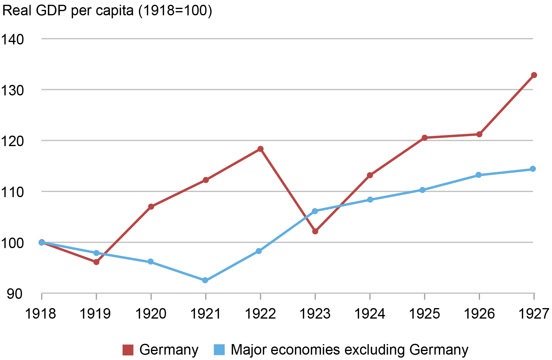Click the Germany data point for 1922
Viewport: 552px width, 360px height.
point(260,149)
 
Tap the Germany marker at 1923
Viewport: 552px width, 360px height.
point(315,231)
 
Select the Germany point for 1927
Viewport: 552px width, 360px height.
point(534,75)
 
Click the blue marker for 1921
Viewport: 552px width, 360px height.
point(205,280)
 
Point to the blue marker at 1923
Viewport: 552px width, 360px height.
point(315,211)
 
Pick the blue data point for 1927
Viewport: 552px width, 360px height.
point(533,169)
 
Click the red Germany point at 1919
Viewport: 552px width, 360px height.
point(96,262)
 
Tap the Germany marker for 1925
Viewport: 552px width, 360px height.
point(424,138)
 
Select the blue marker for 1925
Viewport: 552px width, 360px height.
point(422,190)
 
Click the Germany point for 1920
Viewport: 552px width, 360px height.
point(151,207)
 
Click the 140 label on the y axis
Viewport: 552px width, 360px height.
point(13,39)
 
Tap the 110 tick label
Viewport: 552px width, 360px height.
point(13,192)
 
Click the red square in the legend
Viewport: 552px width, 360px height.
point(128,350)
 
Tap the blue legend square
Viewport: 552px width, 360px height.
point(219,350)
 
